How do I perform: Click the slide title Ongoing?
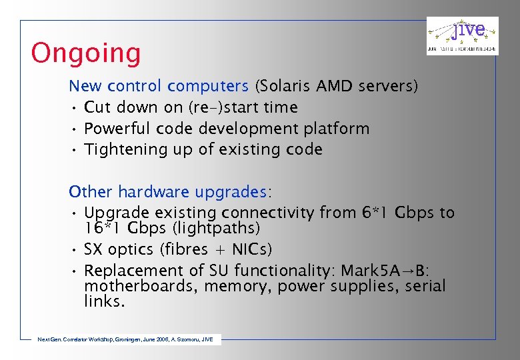click(86, 53)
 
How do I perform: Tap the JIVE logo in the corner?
click(462, 35)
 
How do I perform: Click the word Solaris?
click(285, 86)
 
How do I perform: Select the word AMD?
click(335, 86)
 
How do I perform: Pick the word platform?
click(337, 129)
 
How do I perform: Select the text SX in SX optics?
click(93, 249)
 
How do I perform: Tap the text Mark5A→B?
click(386, 271)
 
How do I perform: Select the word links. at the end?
click(103, 301)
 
